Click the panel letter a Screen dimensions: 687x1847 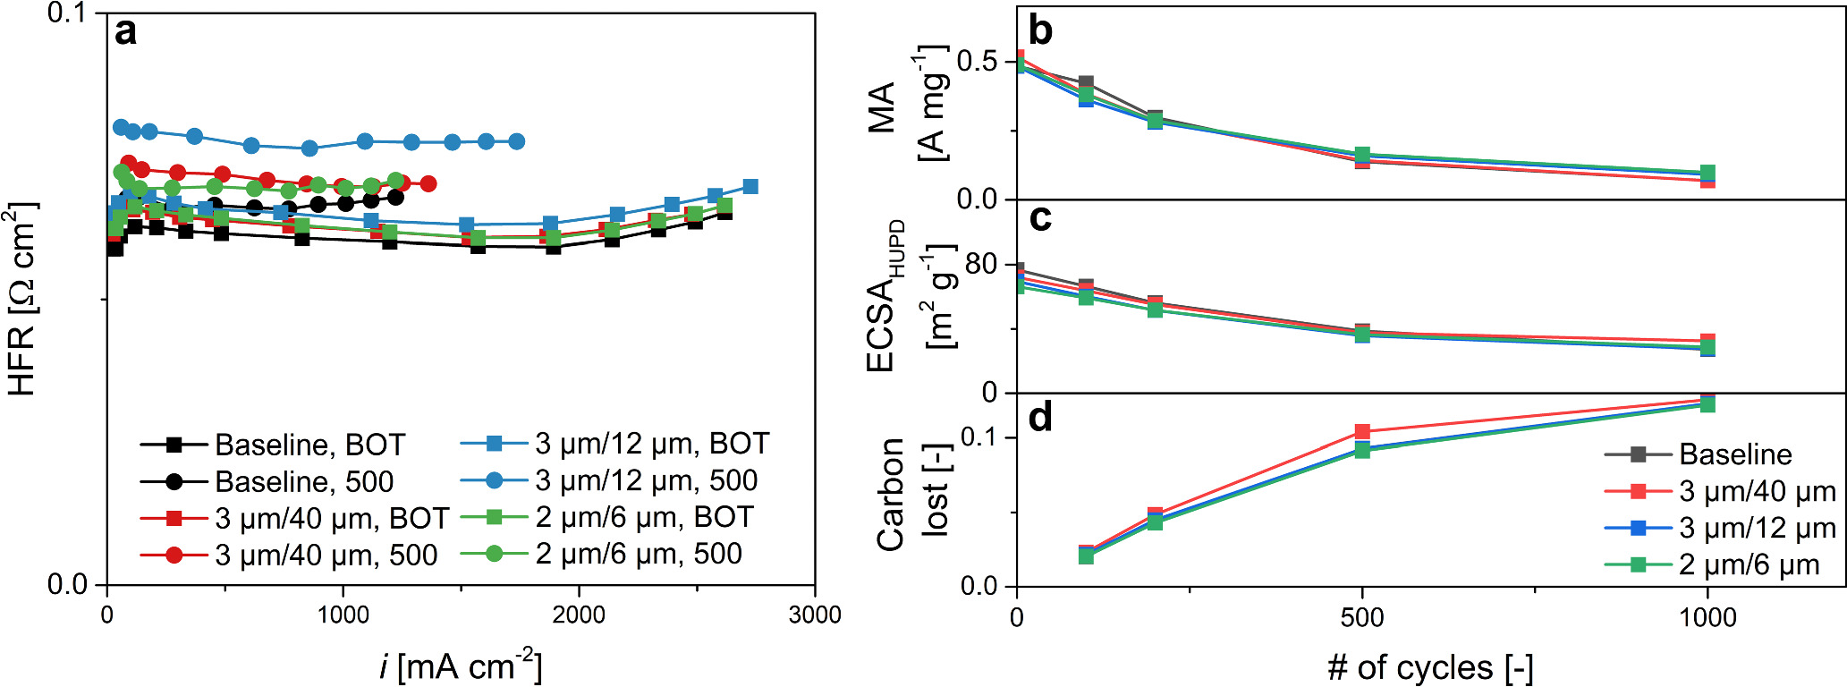click(126, 33)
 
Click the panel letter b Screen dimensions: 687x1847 click(1040, 30)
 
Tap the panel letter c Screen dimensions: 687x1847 click(1039, 218)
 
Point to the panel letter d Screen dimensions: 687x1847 click(1040, 417)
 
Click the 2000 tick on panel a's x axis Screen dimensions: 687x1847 click(579, 615)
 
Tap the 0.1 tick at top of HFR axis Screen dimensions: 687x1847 click(68, 14)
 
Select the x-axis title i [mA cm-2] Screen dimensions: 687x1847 click(461, 666)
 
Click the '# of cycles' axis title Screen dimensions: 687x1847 click(1430, 667)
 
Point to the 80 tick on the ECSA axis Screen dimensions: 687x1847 click(981, 264)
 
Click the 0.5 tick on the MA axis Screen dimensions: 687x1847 click(977, 62)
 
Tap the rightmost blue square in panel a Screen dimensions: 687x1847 click(750, 186)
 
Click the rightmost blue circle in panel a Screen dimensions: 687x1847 click(516, 141)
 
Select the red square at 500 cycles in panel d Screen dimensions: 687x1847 click(1362, 432)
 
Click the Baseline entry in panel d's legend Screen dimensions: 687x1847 click(1734, 454)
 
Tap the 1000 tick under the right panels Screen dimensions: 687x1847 click(1707, 616)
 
